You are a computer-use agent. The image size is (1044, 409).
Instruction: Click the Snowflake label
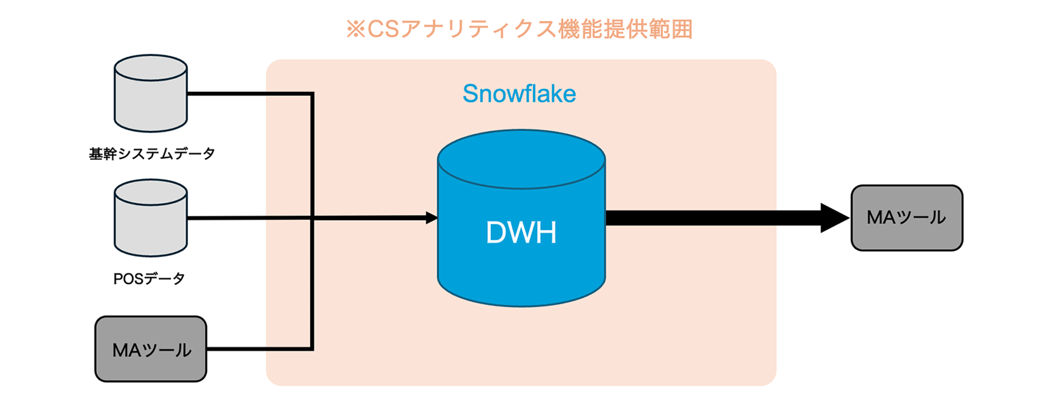coord(519,94)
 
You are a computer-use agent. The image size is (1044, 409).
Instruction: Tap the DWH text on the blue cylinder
coord(521,232)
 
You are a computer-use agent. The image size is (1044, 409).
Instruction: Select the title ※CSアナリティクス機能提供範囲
coord(519,29)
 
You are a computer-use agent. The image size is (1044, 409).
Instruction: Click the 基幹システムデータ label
coord(152,154)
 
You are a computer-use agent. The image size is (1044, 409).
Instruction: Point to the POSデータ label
coord(149,279)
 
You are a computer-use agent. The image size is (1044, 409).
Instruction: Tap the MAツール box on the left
coord(151,349)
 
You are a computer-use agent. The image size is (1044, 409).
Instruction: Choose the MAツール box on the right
coord(907,218)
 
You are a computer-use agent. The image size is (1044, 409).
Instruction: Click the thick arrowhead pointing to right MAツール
coord(834,218)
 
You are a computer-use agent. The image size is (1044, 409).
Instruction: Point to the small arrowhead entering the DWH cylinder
coord(432,218)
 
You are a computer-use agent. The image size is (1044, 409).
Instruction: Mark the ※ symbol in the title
coord(355,29)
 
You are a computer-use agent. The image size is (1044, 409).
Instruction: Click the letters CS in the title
coord(383,29)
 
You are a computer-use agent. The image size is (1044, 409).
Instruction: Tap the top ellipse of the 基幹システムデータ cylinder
coord(151,68)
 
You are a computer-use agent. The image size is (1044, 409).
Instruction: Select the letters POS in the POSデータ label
coord(128,279)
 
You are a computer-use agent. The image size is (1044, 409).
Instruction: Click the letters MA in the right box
coord(881,217)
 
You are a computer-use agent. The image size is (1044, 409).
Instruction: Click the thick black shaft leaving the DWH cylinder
coord(713,218)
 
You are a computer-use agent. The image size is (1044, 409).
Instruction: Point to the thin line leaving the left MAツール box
coord(261,349)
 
